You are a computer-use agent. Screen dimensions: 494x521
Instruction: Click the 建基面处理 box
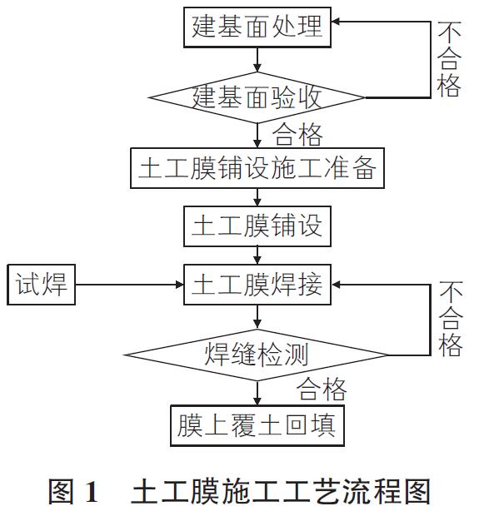click(257, 27)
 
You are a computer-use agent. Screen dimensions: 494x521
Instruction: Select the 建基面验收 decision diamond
click(257, 97)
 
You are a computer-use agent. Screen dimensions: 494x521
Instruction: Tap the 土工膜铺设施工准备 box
click(257, 168)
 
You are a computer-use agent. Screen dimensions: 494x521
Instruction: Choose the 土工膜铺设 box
click(257, 226)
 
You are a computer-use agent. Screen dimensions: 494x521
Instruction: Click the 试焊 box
click(42, 285)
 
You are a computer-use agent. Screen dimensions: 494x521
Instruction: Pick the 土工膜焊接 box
click(257, 285)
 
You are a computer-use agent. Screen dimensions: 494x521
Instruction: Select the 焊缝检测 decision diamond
click(257, 355)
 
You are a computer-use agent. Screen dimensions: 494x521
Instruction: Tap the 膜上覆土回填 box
click(257, 425)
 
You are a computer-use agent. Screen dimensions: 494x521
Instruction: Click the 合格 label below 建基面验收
click(297, 135)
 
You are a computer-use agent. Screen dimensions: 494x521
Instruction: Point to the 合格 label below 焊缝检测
click(322, 390)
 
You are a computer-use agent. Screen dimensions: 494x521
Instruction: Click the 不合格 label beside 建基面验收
click(449, 59)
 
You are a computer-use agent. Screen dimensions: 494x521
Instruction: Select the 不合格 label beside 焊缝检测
click(451, 318)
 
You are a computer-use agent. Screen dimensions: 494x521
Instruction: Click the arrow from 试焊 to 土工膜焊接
click(129, 285)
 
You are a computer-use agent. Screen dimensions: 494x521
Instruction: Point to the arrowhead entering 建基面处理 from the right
click(336, 22)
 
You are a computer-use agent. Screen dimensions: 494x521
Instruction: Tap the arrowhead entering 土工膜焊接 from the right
click(336, 285)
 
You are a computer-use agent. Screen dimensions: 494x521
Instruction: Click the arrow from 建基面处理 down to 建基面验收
click(257, 60)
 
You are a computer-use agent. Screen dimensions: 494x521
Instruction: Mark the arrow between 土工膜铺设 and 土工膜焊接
click(257, 256)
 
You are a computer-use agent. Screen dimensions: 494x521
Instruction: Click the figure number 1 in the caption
click(92, 492)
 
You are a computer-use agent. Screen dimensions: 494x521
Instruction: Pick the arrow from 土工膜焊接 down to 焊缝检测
click(257, 317)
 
